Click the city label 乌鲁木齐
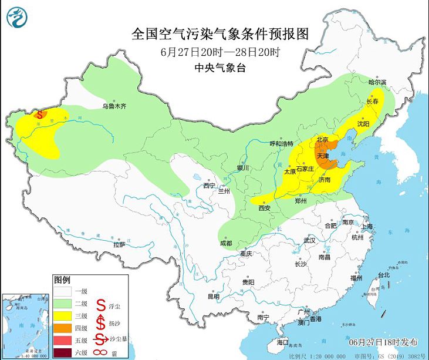[114, 107]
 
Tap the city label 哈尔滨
[377, 83]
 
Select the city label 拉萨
[119, 244]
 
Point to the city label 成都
[225, 243]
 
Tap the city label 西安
[265, 208]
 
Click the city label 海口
[283, 342]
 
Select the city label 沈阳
[363, 124]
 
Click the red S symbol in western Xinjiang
[39, 115]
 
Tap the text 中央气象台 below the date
[220, 68]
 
